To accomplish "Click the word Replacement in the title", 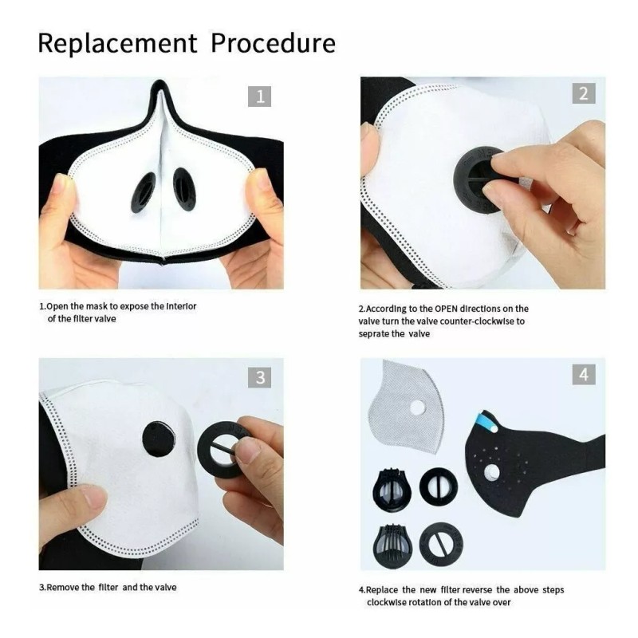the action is tap(117, 43).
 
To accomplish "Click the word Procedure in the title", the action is tap(273, 43).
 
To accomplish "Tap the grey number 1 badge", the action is tap(260, 96).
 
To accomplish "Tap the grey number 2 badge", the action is tap(584, 93).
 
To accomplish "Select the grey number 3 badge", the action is tap(260, 377).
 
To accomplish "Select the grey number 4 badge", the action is tap(584, 374).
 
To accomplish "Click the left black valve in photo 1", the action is tap(144, 192).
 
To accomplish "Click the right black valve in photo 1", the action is tap(184, 190).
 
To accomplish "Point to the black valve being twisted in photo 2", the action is tap(478, 179).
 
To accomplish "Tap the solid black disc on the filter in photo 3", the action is tap(159, 441).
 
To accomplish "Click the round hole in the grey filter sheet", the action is tap(417, 408).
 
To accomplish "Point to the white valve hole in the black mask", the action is tap(492, 472).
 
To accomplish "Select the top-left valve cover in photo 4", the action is tap(392, 490).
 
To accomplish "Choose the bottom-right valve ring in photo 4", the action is tap(441, 545).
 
